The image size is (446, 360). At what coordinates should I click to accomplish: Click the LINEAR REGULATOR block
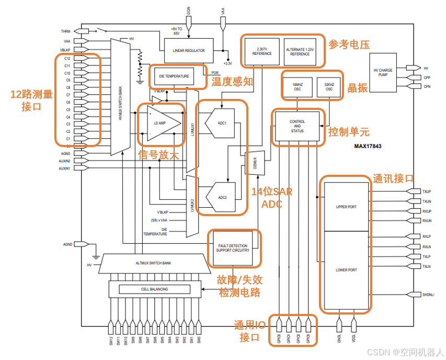(189, 51)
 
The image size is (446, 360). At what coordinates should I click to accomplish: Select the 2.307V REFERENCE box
(262, 51)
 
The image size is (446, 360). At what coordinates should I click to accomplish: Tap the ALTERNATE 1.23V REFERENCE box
(300, 51)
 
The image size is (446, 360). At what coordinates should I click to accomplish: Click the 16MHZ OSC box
(297, 86)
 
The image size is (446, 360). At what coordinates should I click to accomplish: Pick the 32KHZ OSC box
(328, 86)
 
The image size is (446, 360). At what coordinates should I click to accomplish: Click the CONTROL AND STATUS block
(297, 126)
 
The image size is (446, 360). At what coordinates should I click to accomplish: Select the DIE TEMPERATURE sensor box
(174, 76)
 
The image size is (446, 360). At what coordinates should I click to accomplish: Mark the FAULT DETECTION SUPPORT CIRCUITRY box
(233, 248)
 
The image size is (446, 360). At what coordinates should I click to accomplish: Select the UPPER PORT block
(346, 207)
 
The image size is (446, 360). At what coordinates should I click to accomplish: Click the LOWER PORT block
(346, 270)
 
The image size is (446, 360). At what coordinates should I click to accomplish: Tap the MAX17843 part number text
(368, 147)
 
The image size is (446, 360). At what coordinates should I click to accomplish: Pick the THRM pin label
(65, 31)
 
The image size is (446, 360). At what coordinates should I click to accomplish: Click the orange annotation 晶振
(358, 87)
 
